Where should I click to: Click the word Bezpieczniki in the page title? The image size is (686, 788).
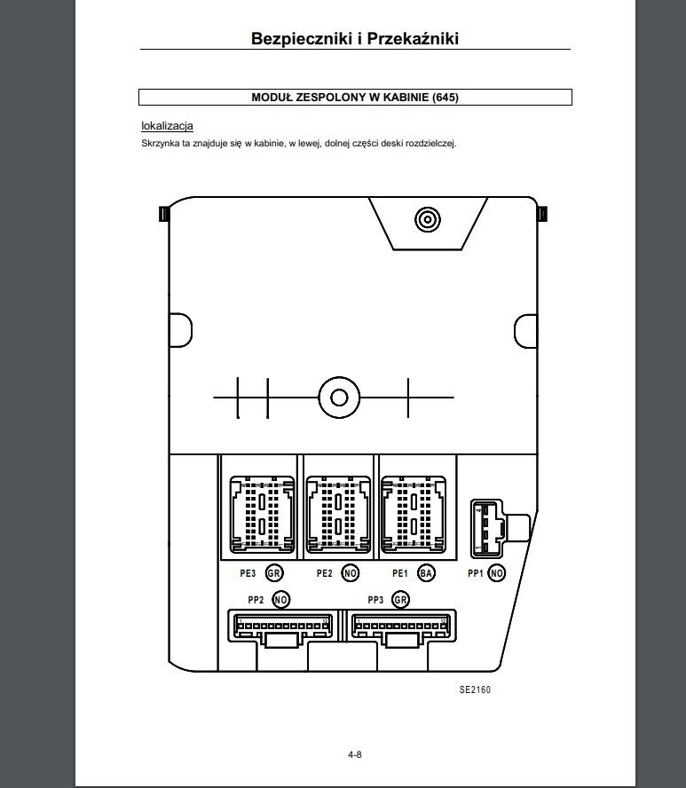click(302, 39)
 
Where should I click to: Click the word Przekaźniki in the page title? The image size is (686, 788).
click(413, 39)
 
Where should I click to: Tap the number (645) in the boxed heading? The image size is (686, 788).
click(446, 97)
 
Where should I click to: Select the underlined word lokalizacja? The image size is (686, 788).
click(168, 126)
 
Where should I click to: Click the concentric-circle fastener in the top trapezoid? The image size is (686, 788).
click(428, 219)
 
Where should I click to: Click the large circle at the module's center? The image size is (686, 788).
click(339, 398)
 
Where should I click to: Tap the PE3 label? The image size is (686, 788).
click(248, 573)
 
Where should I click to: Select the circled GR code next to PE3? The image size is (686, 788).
click(274, 573)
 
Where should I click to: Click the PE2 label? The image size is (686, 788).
click(325, 573)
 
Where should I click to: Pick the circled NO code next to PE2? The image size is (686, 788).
click(351, 573)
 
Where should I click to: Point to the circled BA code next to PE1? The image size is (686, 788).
click(426, 573)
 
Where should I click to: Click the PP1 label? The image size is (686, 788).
click(476, 573)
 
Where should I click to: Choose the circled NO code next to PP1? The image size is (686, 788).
click(497, 573)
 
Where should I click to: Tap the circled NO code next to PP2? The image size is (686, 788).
click(281, 600)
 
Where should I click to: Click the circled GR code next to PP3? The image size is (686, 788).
click(400, 600)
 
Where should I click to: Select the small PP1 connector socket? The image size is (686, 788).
click(486, 529)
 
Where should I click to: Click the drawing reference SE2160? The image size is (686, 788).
click(475, 690)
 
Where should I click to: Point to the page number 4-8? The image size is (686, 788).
click(355, 754)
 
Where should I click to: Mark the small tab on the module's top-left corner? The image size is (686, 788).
click(164, 214)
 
